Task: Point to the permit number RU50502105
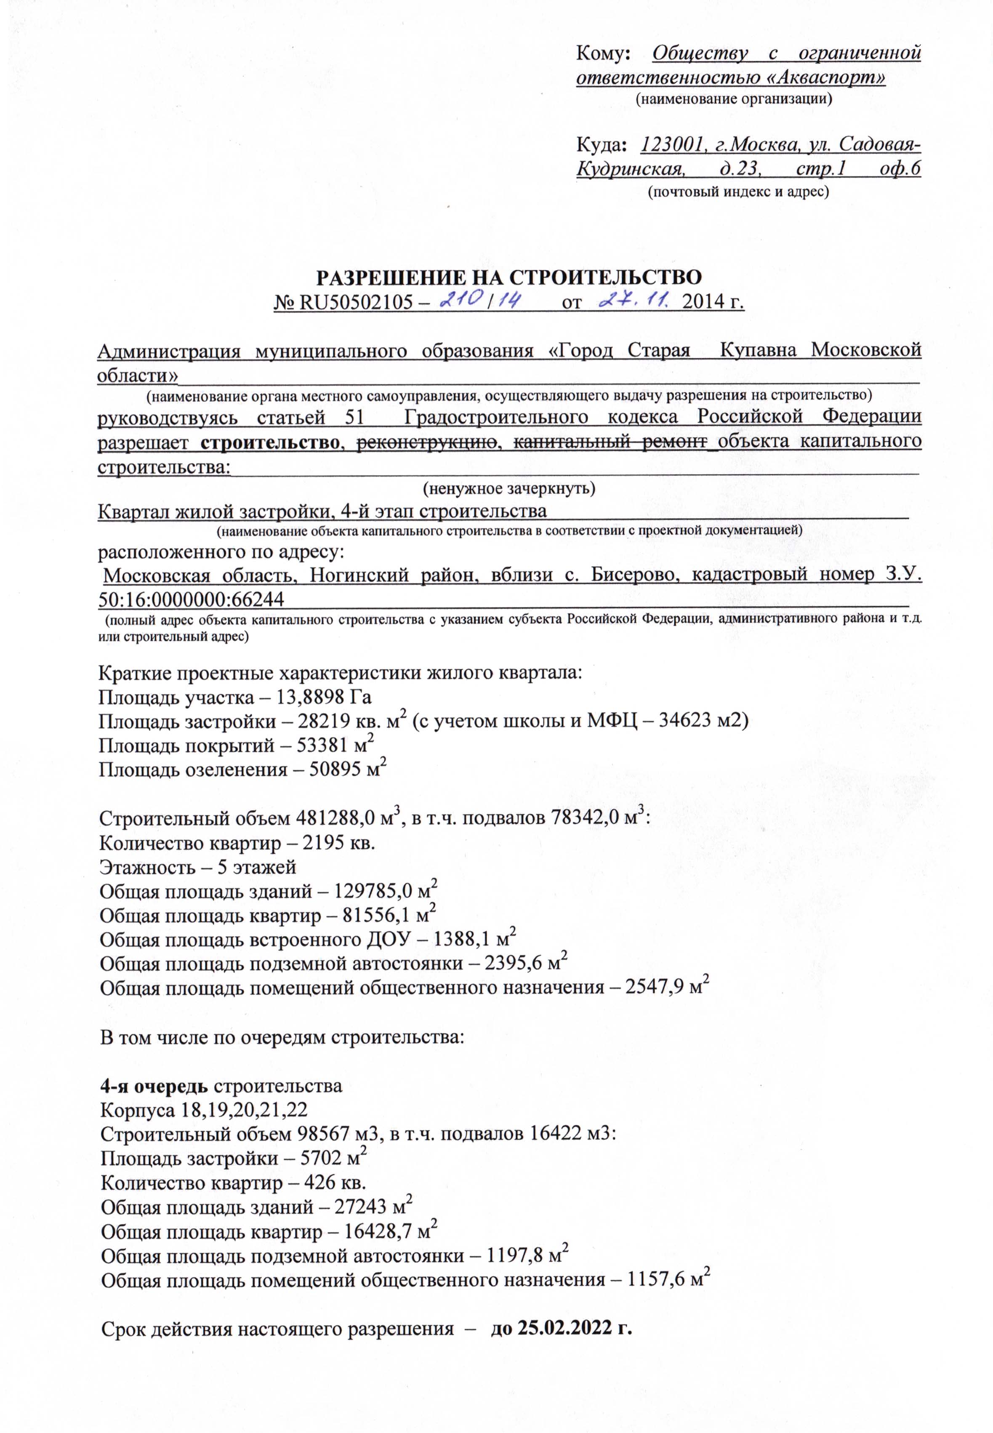point(357,303)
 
